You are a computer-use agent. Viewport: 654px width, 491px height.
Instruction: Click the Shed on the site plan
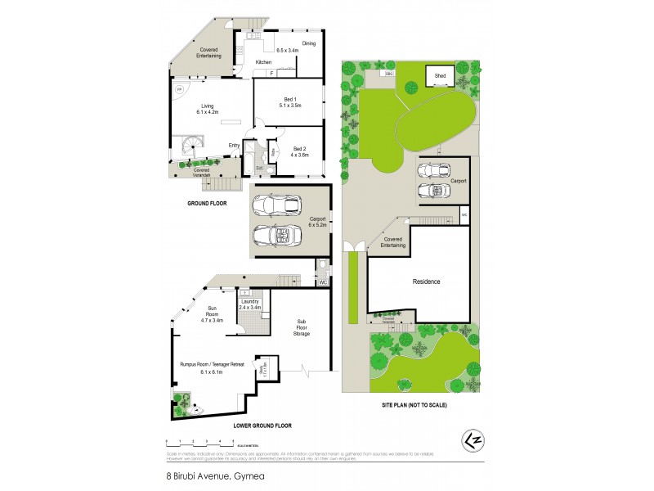[x=440, y=78]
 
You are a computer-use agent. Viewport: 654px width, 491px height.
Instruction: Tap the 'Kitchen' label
[x=263, y=62]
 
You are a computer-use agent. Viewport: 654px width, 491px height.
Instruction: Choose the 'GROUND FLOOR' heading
[x=206, y=203]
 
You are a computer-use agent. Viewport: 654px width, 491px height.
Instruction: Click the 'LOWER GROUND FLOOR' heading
[x=262, y=426]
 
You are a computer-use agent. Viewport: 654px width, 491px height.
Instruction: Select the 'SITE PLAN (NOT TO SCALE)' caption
[x=412, y=405]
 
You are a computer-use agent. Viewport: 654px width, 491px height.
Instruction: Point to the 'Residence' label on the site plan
[x=426, y=282]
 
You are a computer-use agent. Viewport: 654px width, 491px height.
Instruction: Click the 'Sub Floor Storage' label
[x=302, y=329]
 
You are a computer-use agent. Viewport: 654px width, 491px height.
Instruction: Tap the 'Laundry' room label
[x=249, y=302]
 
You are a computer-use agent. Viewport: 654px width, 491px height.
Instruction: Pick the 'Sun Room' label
[x=212, y=316]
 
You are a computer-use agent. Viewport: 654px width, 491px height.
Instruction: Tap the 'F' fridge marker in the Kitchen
[x=271, y=73]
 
